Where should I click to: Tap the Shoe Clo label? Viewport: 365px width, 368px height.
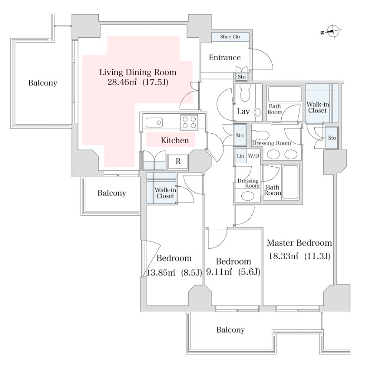[230, 37]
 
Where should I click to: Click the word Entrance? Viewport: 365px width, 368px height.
[225, 58]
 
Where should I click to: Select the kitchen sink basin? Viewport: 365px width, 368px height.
[154, 122]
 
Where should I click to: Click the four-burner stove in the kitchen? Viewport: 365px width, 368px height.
[189, 122]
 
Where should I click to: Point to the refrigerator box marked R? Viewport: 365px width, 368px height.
[178, 161]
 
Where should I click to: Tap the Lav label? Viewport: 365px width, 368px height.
[243, 111]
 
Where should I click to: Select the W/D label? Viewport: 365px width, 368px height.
[254, 155]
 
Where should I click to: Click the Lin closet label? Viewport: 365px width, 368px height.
[240, 156]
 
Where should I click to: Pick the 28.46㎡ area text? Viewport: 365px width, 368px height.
[122, 82]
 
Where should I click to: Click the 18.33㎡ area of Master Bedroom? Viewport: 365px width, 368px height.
[283, 256]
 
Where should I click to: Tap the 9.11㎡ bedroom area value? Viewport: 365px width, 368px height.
[219, 272]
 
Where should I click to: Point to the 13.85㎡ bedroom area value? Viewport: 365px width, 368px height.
[161, 272]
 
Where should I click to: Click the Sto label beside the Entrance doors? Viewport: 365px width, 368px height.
[242, 77]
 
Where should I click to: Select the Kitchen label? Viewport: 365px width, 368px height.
[175, 140]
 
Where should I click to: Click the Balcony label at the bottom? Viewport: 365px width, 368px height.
[231, 330]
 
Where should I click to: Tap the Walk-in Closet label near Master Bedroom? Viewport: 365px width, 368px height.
[317, 107]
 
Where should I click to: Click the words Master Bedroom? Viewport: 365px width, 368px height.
[299, 242]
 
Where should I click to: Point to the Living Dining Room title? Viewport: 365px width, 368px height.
[138, 73]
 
